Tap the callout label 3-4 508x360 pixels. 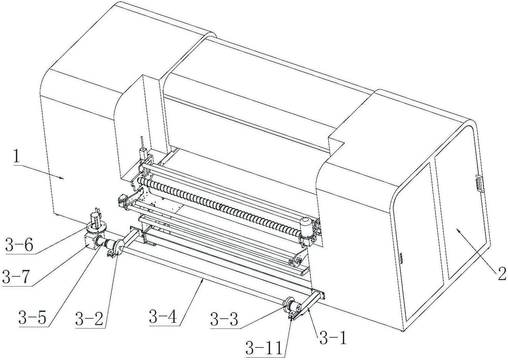(163, 316)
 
